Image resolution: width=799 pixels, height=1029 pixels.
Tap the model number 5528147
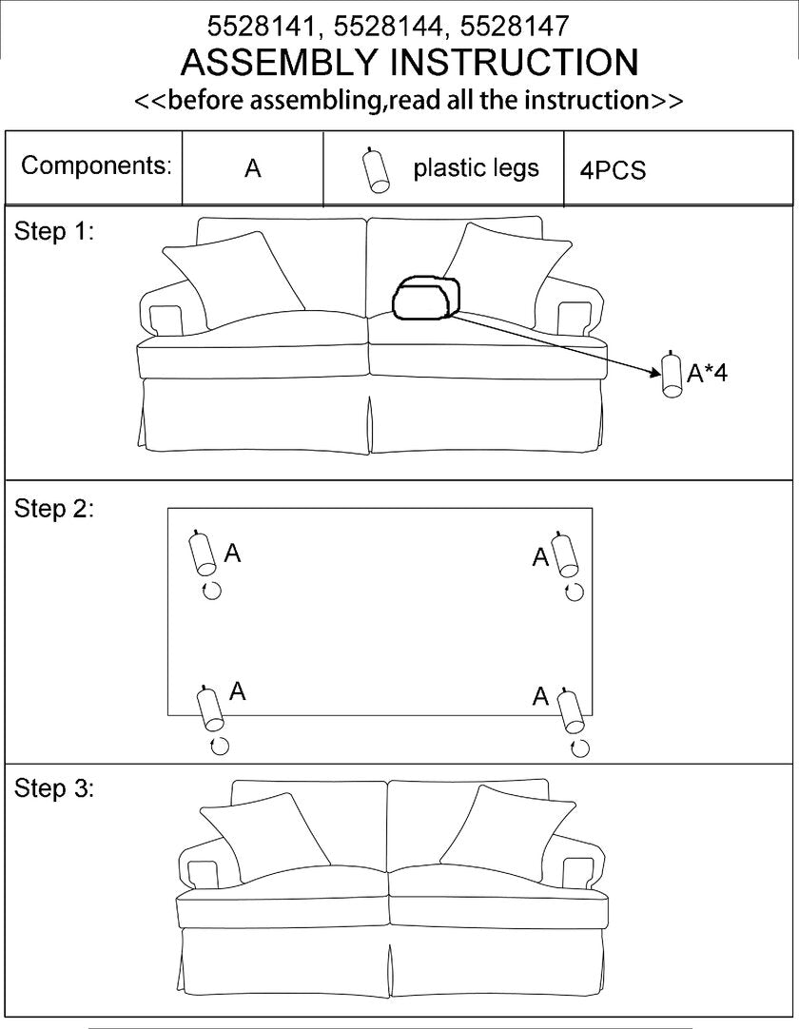pos(515,27)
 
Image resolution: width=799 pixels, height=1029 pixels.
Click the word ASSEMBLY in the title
pos(280,63)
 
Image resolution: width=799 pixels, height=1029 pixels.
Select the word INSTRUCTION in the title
pos(514,63)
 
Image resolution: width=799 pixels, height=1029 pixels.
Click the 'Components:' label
pos(96,165)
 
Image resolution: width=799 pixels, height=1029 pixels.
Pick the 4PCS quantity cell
pos(613,170)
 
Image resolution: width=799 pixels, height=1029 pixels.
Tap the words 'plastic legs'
pos(476,168)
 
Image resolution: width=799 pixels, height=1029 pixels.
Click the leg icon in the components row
pos(376,170)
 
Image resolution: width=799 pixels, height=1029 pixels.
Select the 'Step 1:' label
pos(54,231)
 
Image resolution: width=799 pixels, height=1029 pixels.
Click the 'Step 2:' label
pos(54,509)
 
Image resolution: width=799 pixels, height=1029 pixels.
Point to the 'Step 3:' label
pos(54,787)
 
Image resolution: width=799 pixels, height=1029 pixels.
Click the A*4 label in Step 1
pos(707,374)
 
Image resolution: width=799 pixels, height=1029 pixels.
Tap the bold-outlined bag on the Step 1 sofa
pos(427,298)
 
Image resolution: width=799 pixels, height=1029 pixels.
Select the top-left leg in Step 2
pos(203,553)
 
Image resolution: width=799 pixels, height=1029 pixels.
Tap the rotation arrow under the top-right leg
pos(575,592)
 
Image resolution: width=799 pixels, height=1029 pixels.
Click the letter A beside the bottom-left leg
pos(238,691)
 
